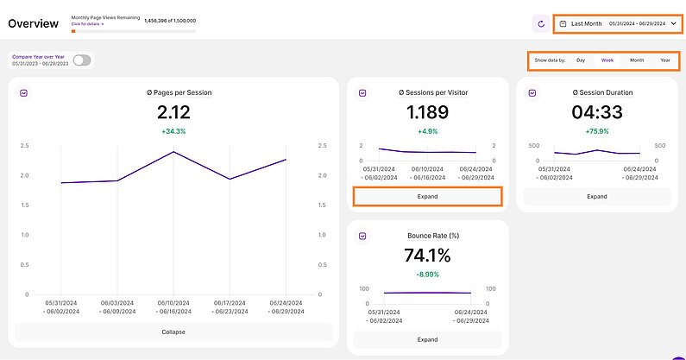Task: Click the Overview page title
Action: [x=34, y=23]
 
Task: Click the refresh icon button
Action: [x=541, y=24]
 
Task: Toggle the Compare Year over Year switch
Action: [x=83, y=60]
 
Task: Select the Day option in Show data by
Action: [x=581, y=60]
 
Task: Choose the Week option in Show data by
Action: [x=607, y=60]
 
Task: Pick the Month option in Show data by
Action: [x=637, y=60]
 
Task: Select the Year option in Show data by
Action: [x=665, y=60]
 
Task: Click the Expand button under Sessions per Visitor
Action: [x=427, y=196]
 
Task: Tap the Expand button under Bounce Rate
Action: [x=427, y=340]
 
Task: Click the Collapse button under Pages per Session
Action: [x=173, y=332]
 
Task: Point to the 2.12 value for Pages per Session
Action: [x=173, y=112]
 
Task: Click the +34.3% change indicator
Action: [x=173, y=131]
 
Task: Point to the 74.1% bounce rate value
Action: [x=427, y=256]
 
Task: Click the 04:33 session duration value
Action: [x=596, y=112]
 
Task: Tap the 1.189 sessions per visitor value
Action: [x=427, y=112]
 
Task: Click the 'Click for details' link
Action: [x=87, y=24]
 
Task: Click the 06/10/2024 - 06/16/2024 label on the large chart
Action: [x=173, y=306]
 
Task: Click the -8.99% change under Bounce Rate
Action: [x=427, y=274]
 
